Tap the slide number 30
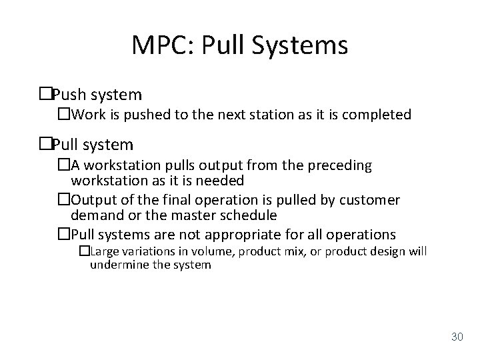point(457,337)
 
